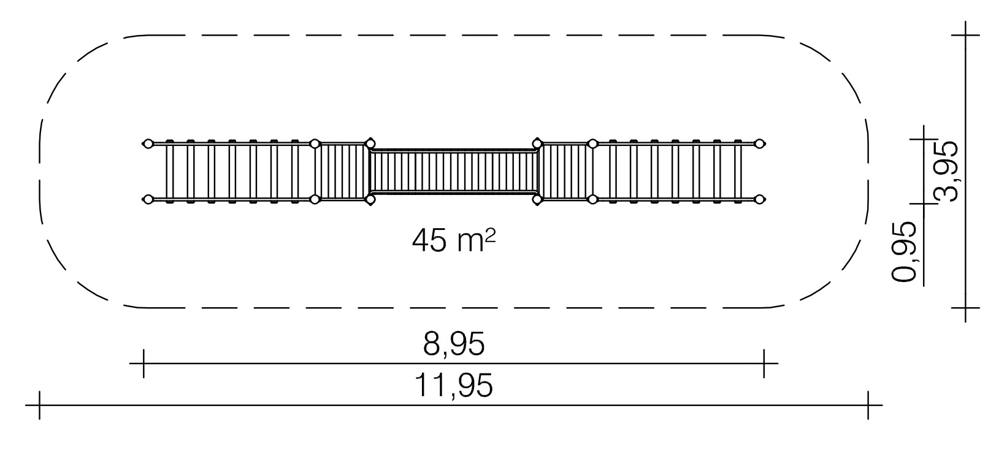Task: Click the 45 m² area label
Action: (x=454, y=240)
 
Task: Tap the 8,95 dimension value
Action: (x=454, y=345)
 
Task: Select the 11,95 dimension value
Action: (x=454, y=385)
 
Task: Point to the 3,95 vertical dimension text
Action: (x=946, y=171)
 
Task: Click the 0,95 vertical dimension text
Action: (x=903, y=252)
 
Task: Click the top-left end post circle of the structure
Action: (x=147, y=144)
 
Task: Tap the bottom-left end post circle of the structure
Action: (x=147, y=199)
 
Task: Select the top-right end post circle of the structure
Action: (x=759, y=144)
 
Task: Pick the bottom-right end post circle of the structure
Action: (x=759, y=199)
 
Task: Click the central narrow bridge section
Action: (x=454, y=171)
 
